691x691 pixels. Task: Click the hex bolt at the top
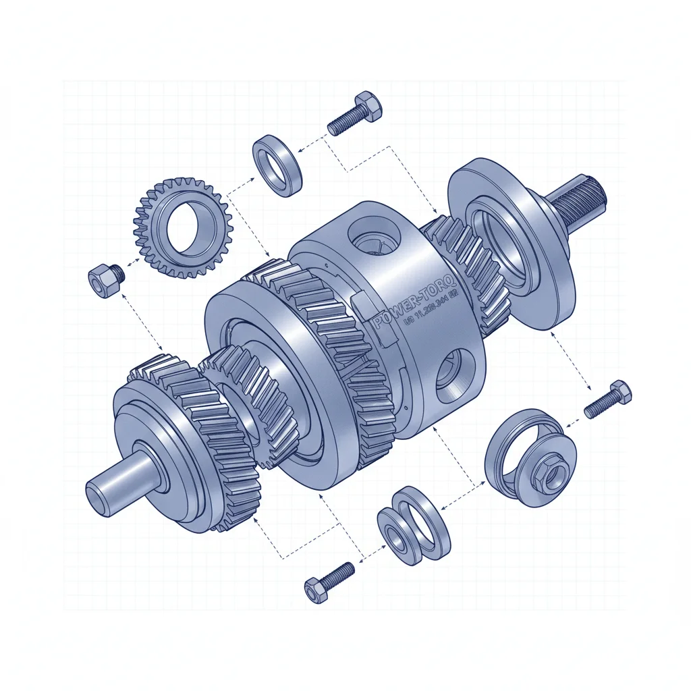tap(354, 114)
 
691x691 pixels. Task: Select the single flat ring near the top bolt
tap(277, 166)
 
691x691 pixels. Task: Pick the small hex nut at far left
tap(105, 281)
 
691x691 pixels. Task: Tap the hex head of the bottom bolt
tap(314, 590)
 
